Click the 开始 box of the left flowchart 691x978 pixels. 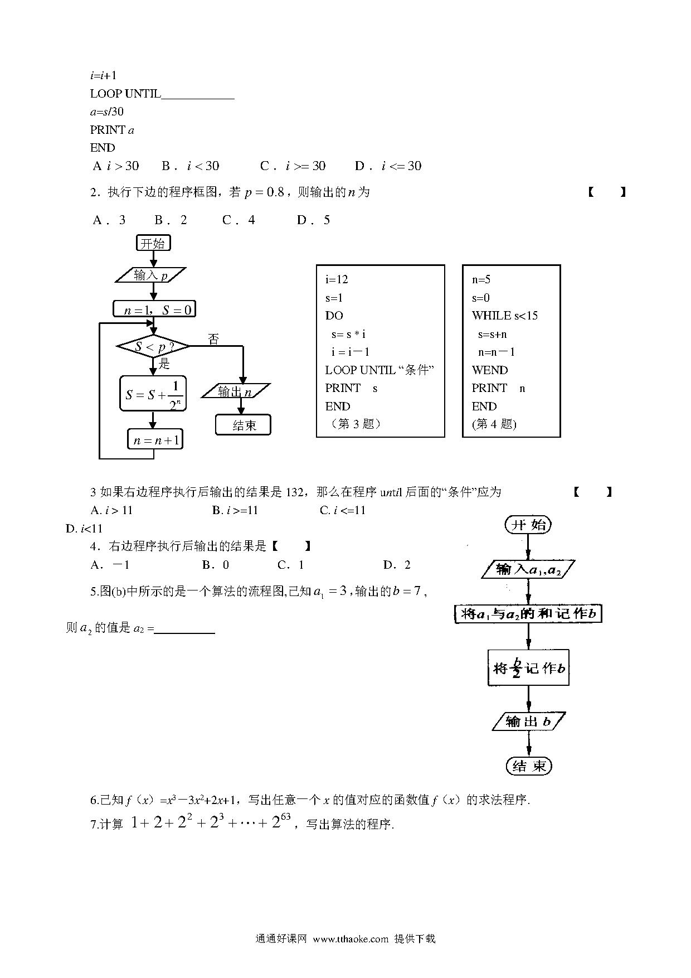[153, 244]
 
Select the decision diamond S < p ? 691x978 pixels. [153, 346]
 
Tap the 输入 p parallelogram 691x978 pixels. [150, 275]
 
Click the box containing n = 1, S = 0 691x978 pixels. [154, 309]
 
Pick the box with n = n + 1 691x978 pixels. [155, 440]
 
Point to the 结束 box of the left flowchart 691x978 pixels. [244, 425]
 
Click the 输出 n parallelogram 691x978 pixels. [235, 391]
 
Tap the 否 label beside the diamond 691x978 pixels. [213, 339]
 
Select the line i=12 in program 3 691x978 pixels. [337, 280]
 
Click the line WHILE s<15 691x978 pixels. [505, 316]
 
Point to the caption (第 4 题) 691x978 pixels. [494, 424]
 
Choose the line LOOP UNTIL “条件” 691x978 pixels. [379, 370]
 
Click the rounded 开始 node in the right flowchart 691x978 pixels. [528, 525]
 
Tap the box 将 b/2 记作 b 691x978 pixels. [528, 667]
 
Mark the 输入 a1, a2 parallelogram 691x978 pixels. [528, 569]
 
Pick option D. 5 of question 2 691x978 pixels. [314, 220]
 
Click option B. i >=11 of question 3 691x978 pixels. [235, 510]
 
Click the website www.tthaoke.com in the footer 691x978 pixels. [351, 939]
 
